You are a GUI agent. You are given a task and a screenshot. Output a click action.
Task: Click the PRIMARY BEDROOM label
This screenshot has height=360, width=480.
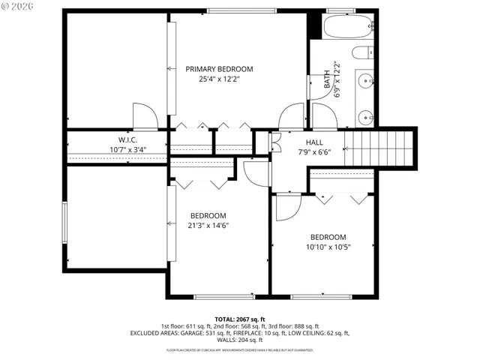(x=219, y=69)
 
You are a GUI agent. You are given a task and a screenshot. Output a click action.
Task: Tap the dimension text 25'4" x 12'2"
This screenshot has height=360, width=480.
(x=219, y=79)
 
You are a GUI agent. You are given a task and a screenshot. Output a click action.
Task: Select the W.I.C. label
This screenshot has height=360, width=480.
(x=127, y=139)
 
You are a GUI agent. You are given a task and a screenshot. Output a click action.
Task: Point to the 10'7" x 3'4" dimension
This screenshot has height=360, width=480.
(x=127, y=149)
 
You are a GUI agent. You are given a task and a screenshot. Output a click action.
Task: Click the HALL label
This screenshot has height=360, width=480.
(x=314, y=142)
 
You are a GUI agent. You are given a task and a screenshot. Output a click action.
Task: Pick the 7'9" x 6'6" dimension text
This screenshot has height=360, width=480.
(x=314, y=151)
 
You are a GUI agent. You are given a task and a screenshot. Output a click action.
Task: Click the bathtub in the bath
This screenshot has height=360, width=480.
(x=349, y=27)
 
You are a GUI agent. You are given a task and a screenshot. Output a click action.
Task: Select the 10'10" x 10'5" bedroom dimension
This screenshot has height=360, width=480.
(x=328, y=247)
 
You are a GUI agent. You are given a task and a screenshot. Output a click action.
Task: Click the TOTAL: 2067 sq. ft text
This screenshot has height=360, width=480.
(x=240, y=319)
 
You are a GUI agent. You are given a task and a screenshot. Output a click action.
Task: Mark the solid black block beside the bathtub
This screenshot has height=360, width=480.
(x=314, y=24)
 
